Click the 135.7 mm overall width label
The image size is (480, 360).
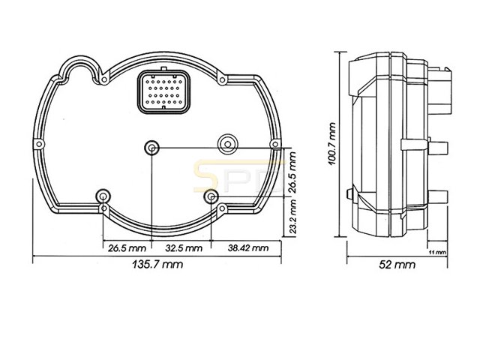pyautogui.click(x=157, y=264)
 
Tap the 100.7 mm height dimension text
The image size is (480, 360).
pyautogui.click(x=331, y=144)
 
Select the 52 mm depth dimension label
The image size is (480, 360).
pyautogui.click(x=397, y=265)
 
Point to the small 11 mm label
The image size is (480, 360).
pyautogui.click(x=437, y=253)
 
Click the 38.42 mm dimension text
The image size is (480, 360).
pyautogui.click(x=248, y=248)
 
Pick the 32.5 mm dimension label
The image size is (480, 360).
pyautogui.click(x=184, y=248)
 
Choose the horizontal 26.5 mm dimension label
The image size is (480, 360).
pyautogui.click(x=127, y=248)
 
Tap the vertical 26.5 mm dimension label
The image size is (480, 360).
pyautogui.click(x=292, y=172)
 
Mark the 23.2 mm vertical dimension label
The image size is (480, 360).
pyautogui.click(x=292, y=217)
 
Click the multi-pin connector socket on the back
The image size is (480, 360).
pyautogui.click(x=163, y=91)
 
